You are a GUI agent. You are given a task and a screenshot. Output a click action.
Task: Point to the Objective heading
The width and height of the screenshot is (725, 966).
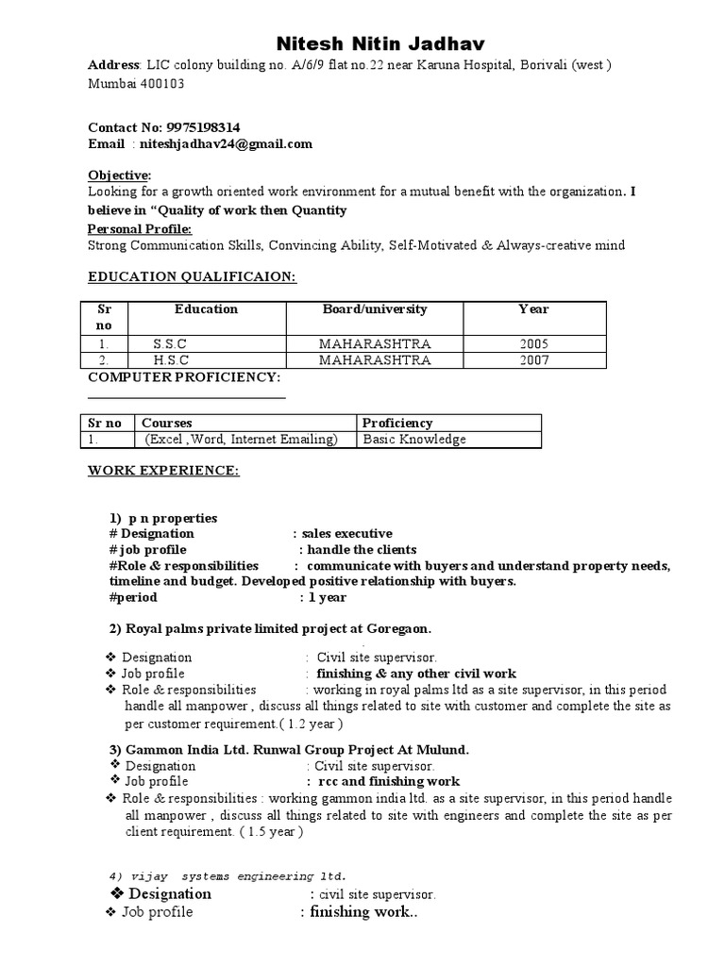click(x=119, y=175)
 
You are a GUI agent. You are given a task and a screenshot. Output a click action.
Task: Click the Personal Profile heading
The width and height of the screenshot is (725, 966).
click(x=140, y=228)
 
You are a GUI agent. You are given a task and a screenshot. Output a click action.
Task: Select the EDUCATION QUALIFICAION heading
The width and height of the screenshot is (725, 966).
click(x=192, y=276)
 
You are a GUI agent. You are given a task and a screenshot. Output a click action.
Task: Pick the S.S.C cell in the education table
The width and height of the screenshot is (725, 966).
click(x=171, y=343)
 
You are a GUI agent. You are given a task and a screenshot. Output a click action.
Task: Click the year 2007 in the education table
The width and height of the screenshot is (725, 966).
click(x=533, y=360)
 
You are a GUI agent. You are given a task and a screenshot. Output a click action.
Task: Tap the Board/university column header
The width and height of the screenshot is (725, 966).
click(x=375, y=309)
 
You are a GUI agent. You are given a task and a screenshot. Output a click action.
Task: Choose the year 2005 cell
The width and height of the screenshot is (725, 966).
click(x=533, y=343)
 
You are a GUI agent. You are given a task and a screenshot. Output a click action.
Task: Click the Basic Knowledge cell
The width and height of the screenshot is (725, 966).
click(x=414, y=440)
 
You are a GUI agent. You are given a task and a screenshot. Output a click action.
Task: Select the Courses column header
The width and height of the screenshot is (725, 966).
click(x=166, y=423)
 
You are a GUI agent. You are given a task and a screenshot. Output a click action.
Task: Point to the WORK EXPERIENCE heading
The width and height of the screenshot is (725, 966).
click(x=163, y=470)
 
